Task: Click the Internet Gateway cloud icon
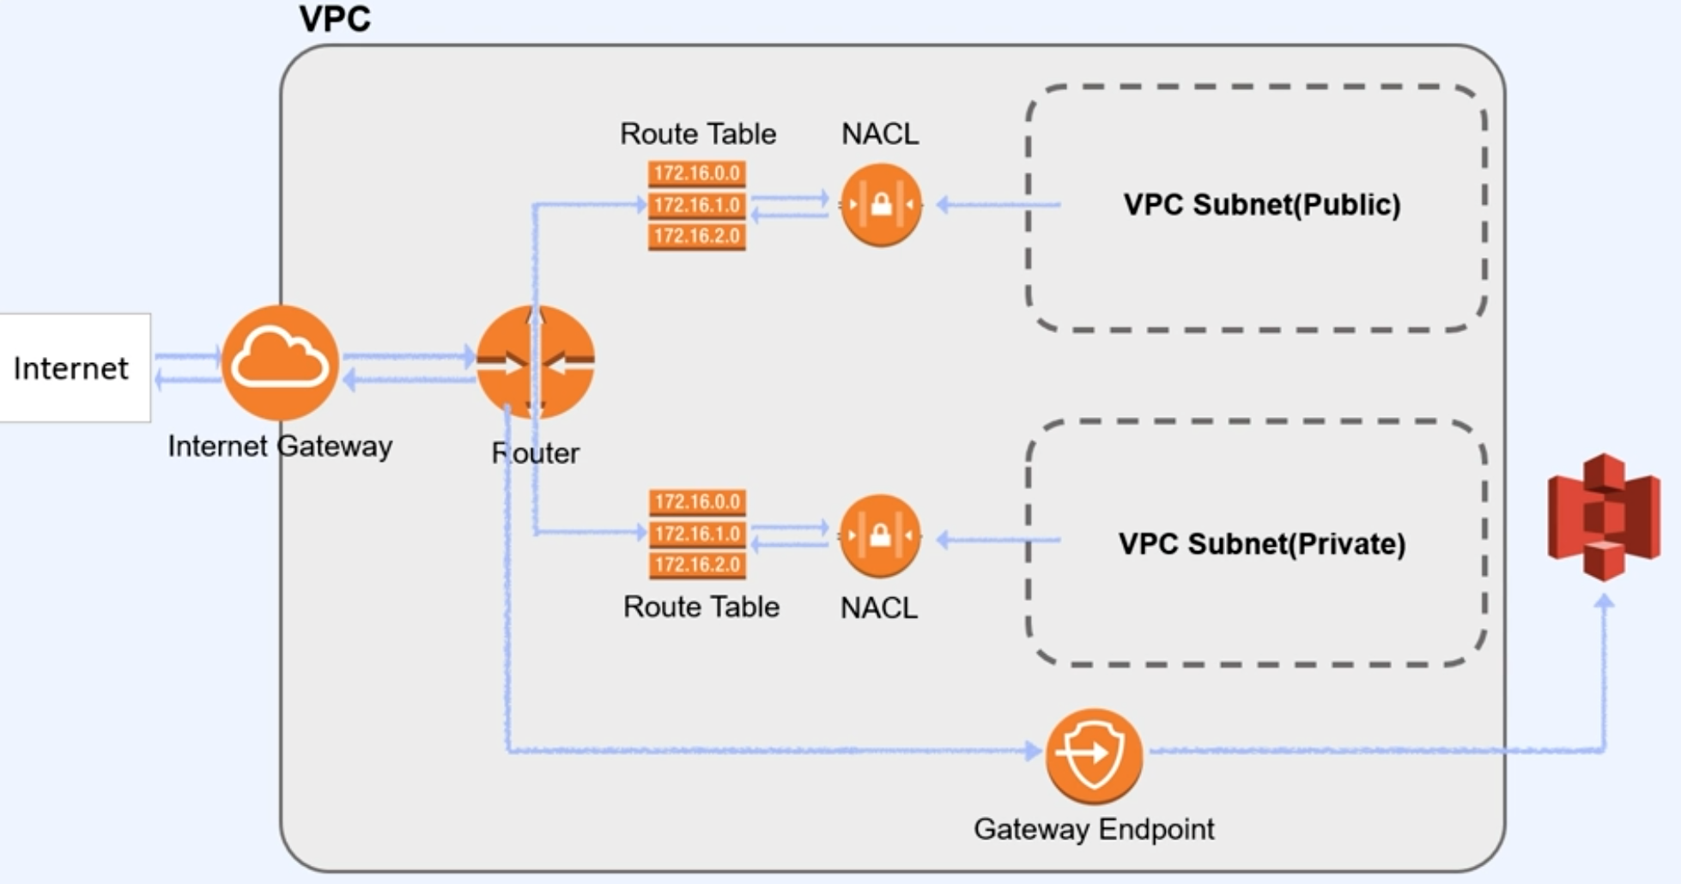[x=280, y=362]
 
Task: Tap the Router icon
[x=535, y=361]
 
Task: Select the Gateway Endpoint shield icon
[x=1094, y=755]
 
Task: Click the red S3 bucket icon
[x=1604, y=517]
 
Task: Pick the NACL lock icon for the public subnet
[x=881, y=205]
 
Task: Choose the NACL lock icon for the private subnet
[x=880, y=536]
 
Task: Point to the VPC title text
[x=335, y=19]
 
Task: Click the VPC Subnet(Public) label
[x=1262, y=204]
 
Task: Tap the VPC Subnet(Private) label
[x=1262, y=543]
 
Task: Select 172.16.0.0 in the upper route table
[x=697, y=173]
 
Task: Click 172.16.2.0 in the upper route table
[x=697, y=236]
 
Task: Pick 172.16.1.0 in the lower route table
[x=697, y=534]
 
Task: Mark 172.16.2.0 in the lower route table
[x=697, y=565]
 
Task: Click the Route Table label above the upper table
[x=698, y=134]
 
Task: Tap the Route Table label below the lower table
[x=701, y=607]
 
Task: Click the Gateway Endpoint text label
[x=1094, y=829]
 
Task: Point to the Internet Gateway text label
[x=280, y=446]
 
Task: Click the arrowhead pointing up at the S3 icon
[x=1604, y=602]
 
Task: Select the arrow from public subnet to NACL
[x=998, y=204]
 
